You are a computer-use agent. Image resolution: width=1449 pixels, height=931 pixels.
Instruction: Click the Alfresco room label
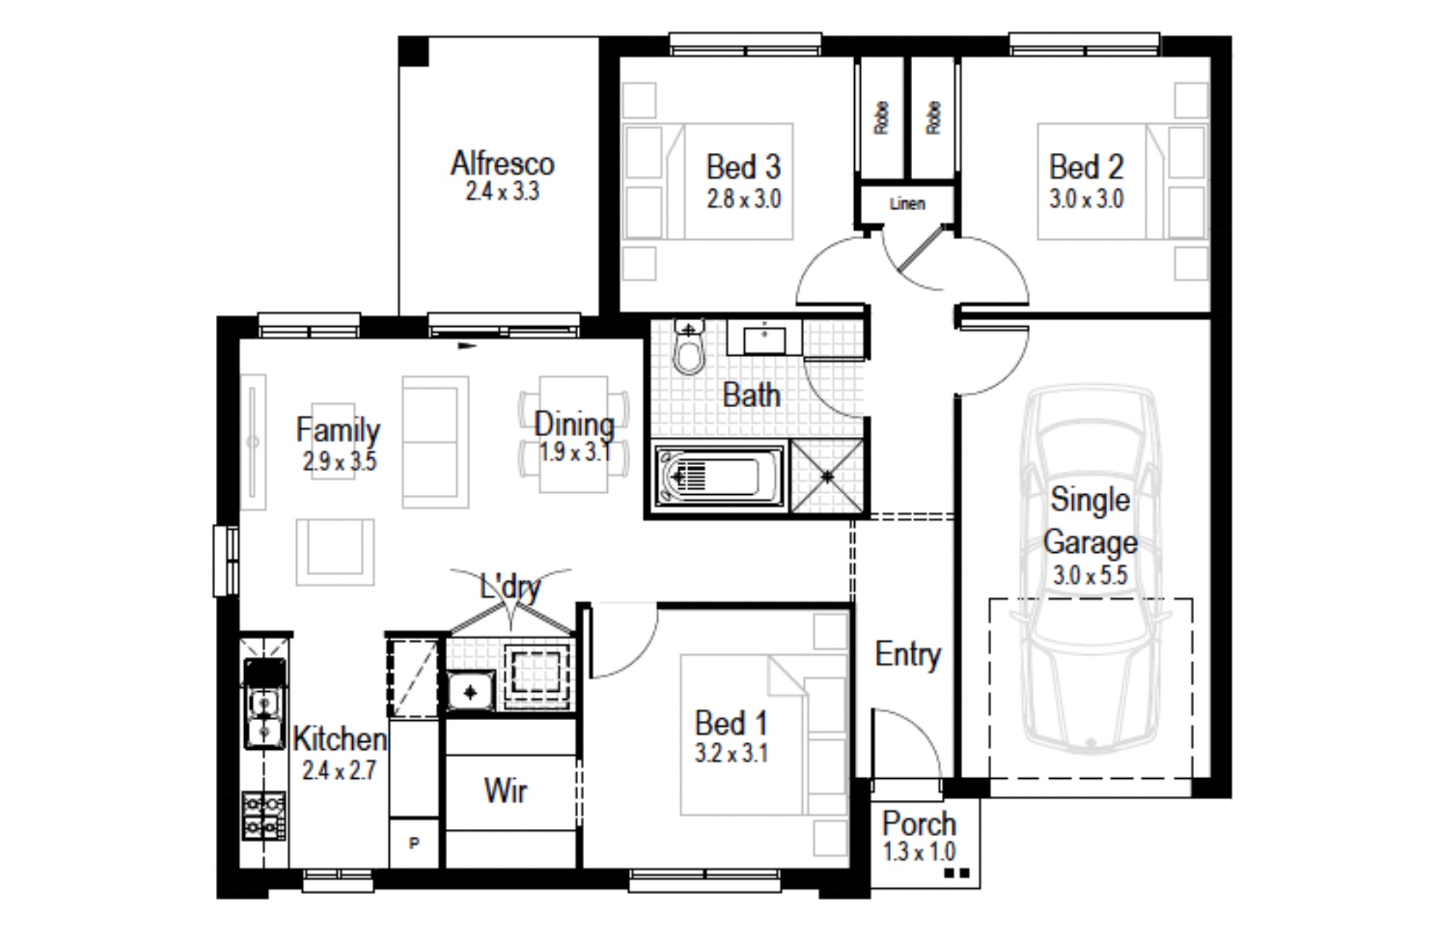[502, 164]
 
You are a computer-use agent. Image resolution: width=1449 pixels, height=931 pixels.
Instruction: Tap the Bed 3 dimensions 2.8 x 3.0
[744, 199]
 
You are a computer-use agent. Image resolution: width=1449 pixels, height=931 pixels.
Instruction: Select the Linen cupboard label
[907, 204]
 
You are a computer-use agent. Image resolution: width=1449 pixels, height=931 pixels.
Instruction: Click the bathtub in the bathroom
[719, 477]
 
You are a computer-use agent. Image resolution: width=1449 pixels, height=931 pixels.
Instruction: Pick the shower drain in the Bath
[827, 476]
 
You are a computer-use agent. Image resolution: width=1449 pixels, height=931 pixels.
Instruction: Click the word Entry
[908, 655]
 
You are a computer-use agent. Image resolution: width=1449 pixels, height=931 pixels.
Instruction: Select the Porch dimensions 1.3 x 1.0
[919, 852]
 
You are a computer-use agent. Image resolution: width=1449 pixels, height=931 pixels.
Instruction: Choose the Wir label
[506, 790]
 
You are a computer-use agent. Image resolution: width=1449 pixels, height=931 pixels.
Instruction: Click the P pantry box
[414, 843]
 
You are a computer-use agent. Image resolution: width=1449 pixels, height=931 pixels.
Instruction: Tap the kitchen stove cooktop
[264, 816]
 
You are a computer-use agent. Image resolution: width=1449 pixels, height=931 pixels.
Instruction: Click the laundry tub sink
[470, 692]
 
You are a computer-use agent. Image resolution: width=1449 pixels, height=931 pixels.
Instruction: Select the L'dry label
[511, 585]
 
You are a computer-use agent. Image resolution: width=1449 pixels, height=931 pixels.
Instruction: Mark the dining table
[573, 434]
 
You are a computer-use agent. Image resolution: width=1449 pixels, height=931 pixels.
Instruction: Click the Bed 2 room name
[1086, 167]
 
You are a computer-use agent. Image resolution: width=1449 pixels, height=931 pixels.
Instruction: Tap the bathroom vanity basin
[764, 338]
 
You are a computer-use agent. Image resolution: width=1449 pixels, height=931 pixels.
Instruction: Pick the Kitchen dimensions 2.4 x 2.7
[339, 770]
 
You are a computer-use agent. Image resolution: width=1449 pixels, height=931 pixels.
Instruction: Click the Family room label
[338, 430]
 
